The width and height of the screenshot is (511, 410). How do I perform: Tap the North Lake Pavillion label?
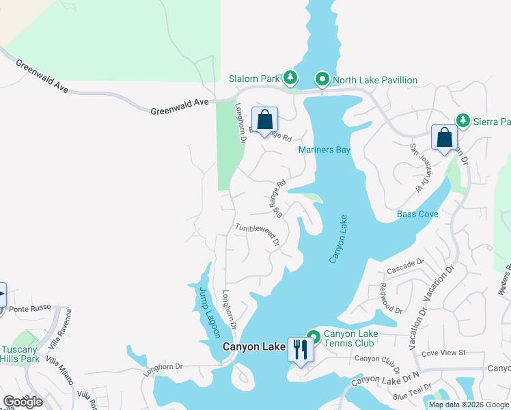coord(374,80)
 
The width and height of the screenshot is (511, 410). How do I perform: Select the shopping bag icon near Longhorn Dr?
coord(264,120)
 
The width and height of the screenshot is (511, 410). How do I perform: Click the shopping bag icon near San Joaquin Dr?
coord(444,137)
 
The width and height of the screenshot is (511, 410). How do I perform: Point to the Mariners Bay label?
coord(324,150)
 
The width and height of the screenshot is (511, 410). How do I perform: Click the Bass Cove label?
coord(417,214)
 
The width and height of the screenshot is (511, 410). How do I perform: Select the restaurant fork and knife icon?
coord(300,349)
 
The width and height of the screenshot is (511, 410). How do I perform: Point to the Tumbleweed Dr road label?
coord(258,235)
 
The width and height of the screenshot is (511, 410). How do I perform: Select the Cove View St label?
coord(443,353)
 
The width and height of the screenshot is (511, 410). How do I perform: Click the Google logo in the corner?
coord(23,401)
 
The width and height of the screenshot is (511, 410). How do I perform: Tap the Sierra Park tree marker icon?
coord(463,121)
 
